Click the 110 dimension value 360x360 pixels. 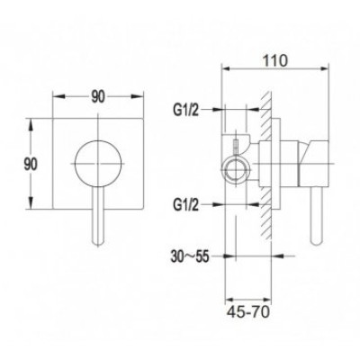tap(275, 61)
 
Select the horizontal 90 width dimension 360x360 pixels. tap(98, 96)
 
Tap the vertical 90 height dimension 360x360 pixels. tap(31, 165)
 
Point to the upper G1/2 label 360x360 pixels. tap(185, 111)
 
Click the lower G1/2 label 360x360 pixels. tap(185, 205)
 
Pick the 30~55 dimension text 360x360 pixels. tap(189, 257)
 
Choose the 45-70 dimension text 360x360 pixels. tap(248, 312)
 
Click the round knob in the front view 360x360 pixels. tap(98, 164)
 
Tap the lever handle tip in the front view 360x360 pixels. tap(98, 242)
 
